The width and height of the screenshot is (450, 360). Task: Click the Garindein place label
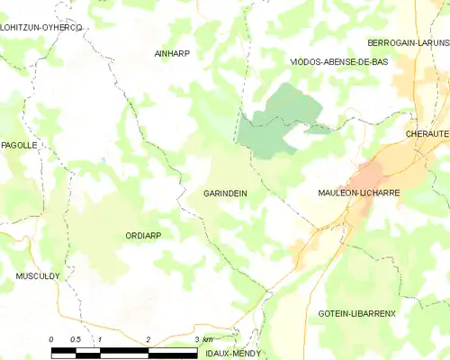225,193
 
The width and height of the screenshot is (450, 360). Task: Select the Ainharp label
172,53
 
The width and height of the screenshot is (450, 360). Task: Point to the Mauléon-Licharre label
359,193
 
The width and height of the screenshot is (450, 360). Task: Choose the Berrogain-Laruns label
408,42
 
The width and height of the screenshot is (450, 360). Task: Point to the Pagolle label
18,145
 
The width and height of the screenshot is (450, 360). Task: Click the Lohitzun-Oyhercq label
41,28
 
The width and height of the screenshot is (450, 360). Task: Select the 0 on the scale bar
52,338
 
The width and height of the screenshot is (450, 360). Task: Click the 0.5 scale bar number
76,338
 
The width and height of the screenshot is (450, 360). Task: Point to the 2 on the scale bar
148,338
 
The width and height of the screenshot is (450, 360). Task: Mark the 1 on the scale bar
100,338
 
